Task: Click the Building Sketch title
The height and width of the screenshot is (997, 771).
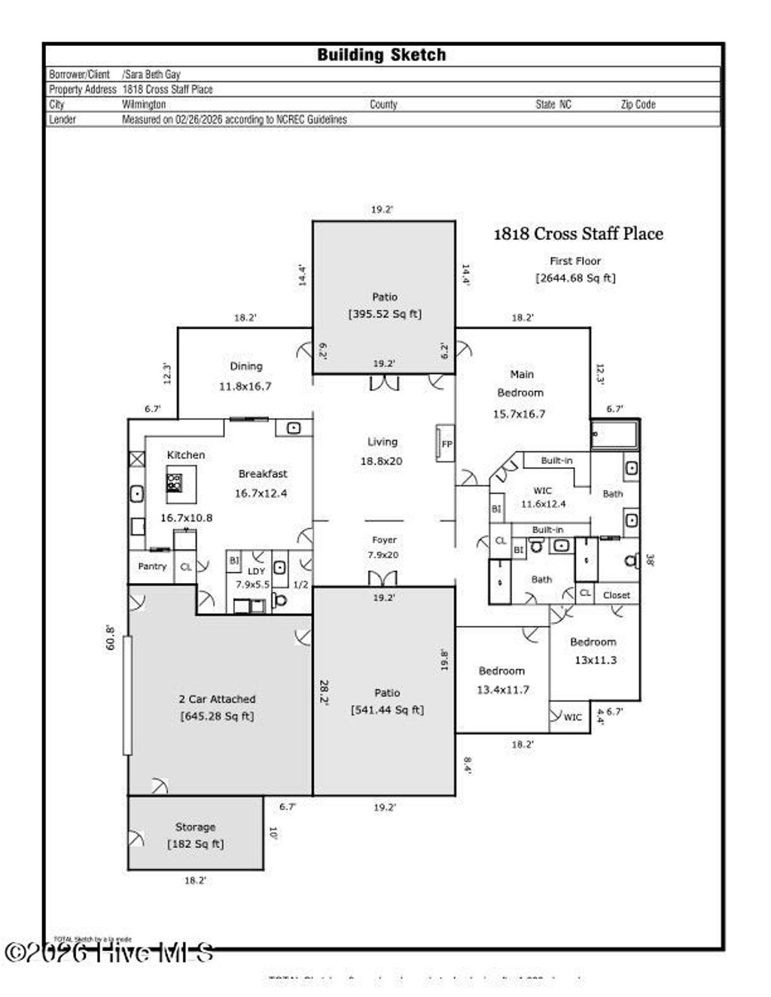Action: coord(381,55)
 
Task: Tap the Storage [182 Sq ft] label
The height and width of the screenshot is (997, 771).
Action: coord(195,835)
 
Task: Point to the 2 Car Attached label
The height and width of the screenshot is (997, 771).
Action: coord(217,699)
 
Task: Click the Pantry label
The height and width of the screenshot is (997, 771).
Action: coord(152,567)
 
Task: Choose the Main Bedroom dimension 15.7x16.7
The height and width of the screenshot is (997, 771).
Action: coord(519,414)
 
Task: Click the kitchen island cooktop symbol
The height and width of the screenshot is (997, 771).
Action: coord(174,482)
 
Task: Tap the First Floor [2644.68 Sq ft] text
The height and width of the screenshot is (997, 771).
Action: coord(575,269)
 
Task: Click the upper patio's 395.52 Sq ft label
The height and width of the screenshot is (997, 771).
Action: coord(385,314)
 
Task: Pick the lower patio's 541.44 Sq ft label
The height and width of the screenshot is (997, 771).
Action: coord(387,710)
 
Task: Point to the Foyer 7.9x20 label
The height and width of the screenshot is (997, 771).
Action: coord(383,547)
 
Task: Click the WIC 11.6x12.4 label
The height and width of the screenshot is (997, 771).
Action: coord(543,497)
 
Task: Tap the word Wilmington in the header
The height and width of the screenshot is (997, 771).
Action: coord(144,105)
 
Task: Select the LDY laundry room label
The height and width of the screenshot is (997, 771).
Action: coord(256,571)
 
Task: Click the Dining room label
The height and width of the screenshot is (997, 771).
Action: coord(246,366)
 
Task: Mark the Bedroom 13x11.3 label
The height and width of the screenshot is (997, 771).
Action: coord(593,651)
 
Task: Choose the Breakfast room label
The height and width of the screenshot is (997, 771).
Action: coord(263,474)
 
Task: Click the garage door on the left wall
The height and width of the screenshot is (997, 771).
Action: coord(127,695)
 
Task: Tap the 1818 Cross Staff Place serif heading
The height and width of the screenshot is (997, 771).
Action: coord(577,234)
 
